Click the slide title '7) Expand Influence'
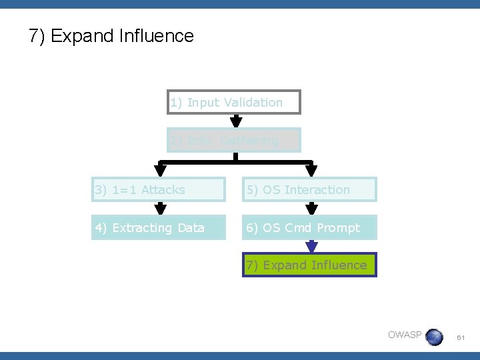[111, 36]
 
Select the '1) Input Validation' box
[234, 102]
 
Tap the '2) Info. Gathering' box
[234, 140]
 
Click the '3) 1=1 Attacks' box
[159, 190]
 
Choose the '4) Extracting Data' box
[159, 228]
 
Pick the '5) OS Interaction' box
[310, 190]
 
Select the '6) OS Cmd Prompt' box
[310, 228]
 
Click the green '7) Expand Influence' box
[309, 265]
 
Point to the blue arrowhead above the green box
[311, 247]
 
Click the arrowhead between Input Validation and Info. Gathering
[235, 121]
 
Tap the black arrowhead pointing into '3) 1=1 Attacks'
[160, 170]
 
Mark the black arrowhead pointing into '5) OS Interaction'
[311, 170]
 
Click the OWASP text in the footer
[405, 335]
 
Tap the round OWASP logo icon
[434, 337]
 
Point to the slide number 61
[461, 339]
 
